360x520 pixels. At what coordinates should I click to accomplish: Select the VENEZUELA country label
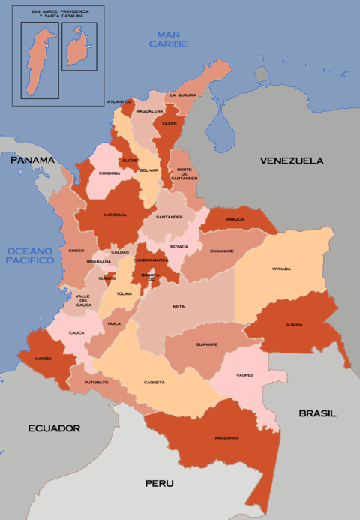(x=292, y=161)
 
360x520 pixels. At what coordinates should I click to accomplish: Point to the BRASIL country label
(x=318, y=413)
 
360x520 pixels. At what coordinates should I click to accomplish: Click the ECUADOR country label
(x=54, y=428)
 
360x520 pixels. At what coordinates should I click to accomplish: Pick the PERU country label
(x=160, y=484)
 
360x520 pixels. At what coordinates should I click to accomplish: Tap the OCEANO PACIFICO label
(x=30, y=255)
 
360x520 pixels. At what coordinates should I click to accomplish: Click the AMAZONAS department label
(x=226, y=437)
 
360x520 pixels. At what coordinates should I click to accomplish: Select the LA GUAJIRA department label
(x=182, y=95)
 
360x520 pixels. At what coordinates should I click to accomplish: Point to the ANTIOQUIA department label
(x=115, y=215)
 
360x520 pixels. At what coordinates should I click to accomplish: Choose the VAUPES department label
(x=244, y=375)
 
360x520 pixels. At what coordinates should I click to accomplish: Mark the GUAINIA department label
(x=294, y=325)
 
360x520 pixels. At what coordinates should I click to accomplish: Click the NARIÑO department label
(x=42, y=359)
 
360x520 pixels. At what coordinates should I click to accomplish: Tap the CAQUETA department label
(x=154, y=383)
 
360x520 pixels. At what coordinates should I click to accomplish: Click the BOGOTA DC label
(x=151, y=277)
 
